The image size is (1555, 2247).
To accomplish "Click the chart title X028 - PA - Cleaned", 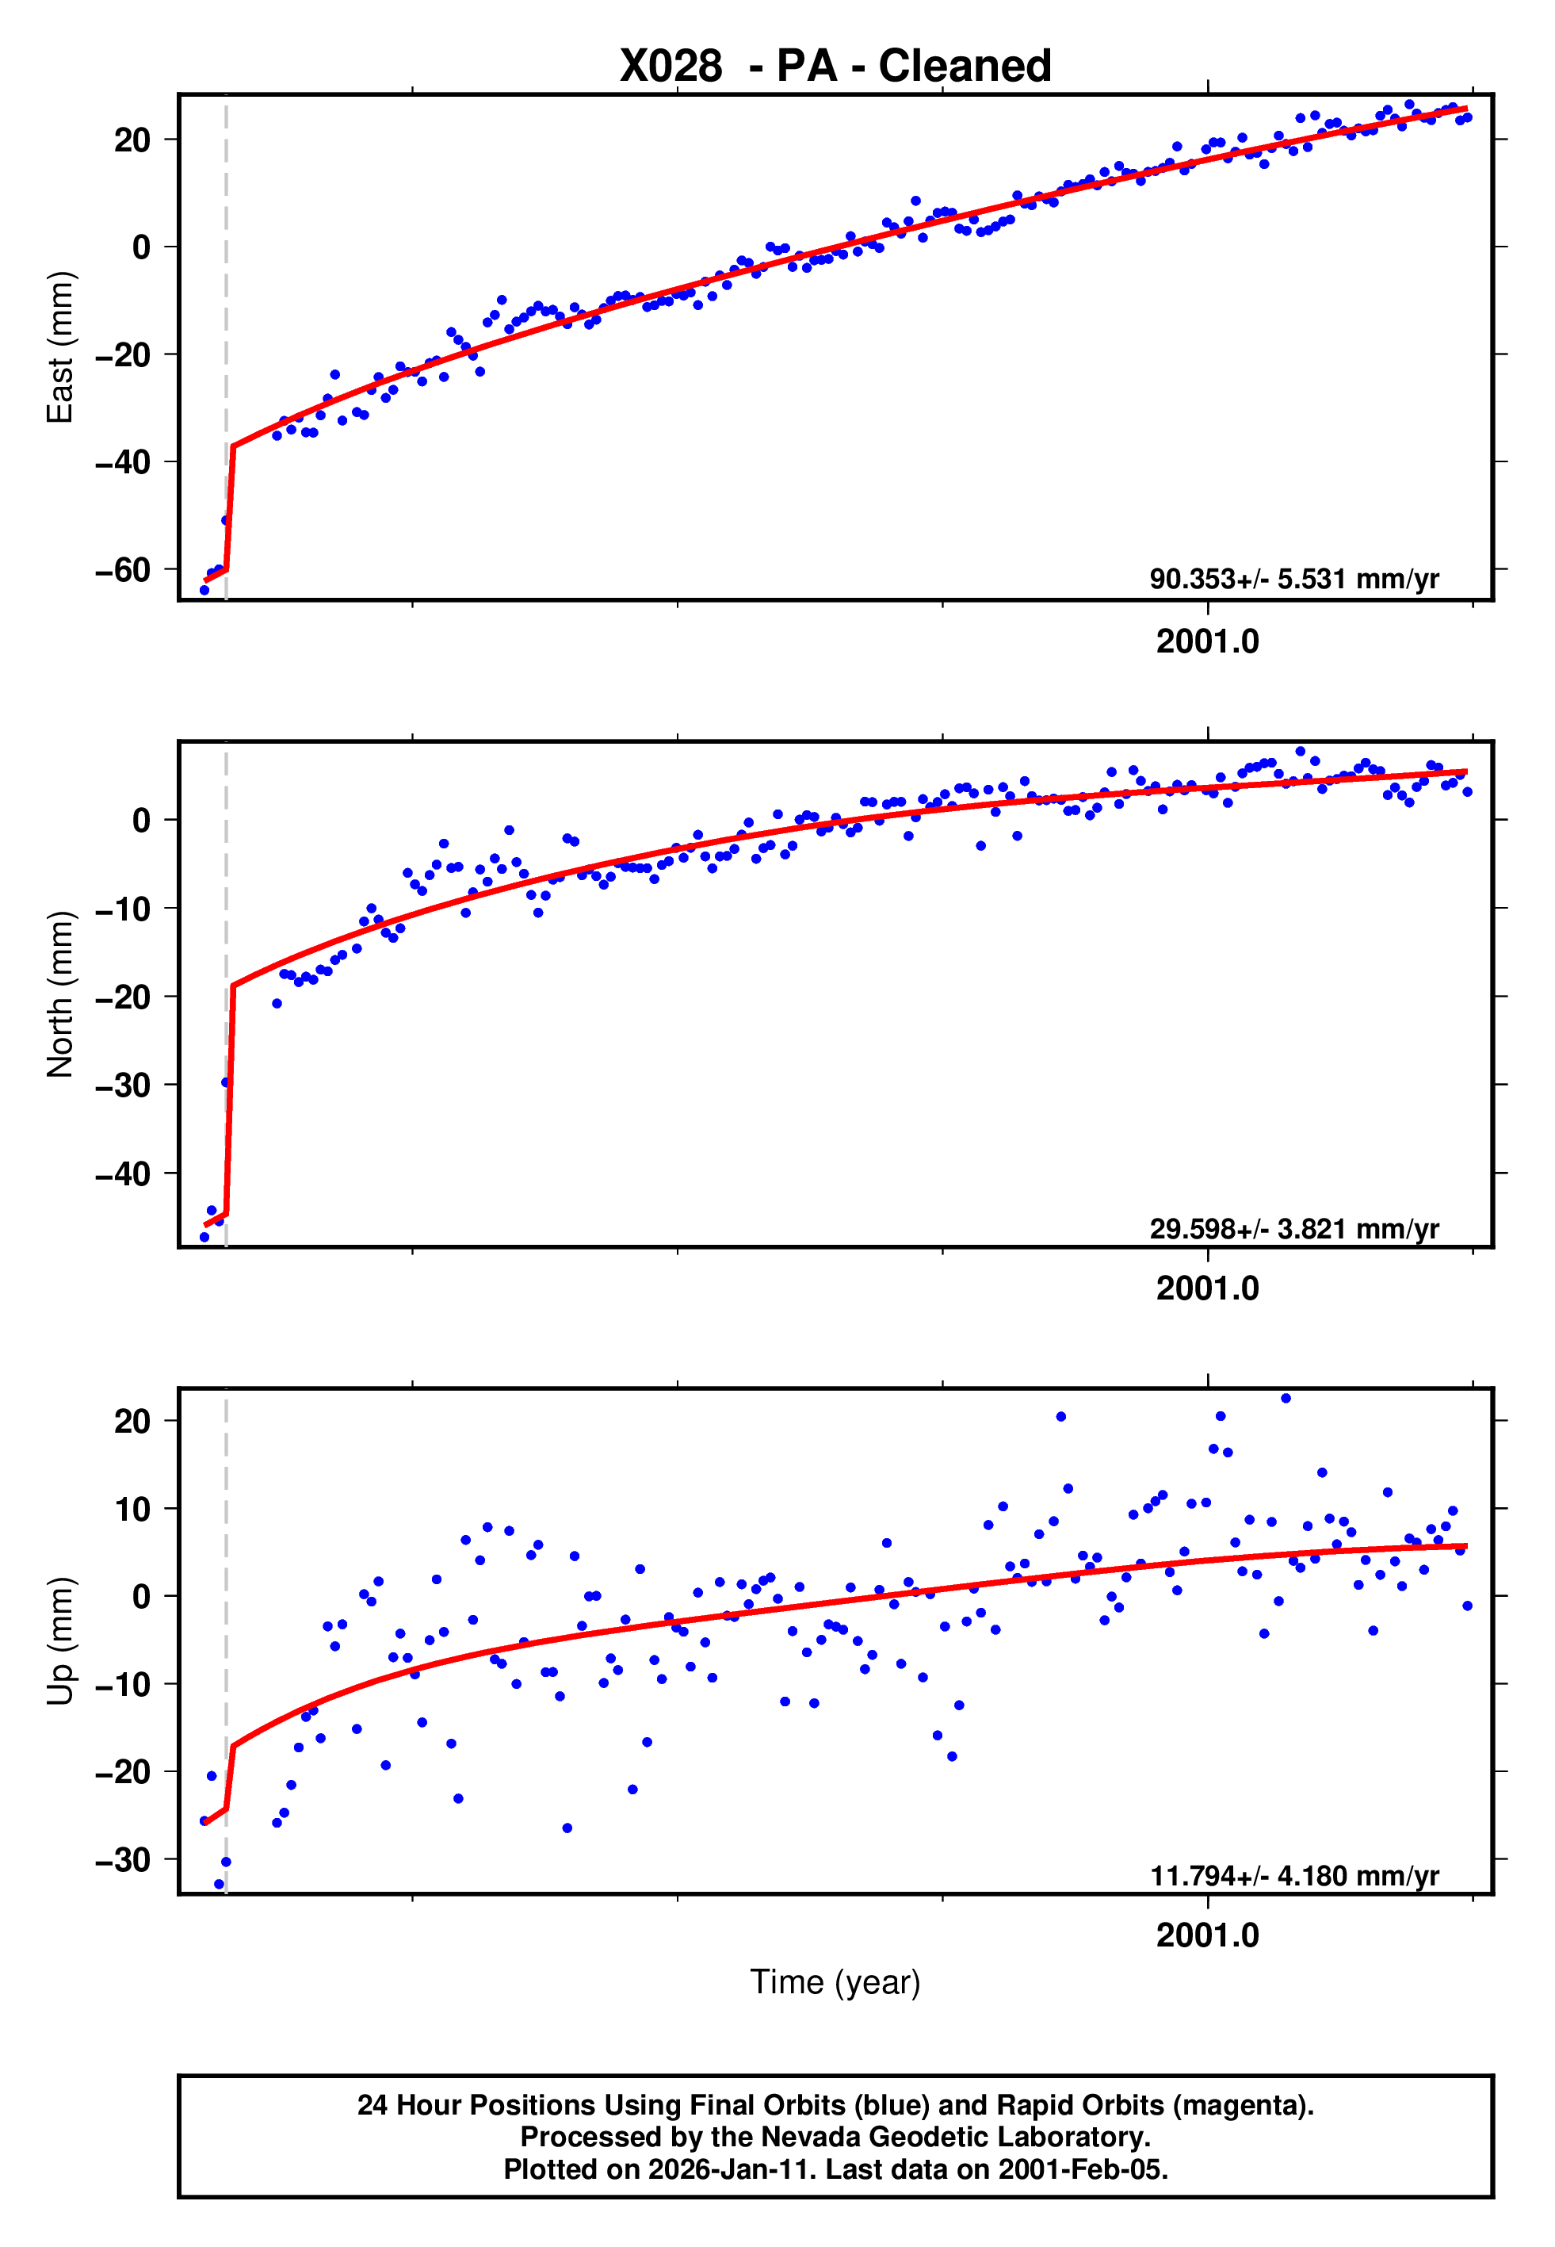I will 835,67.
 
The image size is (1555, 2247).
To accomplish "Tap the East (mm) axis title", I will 60,347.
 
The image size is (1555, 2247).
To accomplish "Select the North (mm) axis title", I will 60,994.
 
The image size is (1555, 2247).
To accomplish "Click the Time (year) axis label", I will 835,1982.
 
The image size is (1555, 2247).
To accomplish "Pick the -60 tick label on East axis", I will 123,569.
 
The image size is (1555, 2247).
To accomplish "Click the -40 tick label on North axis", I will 123,1173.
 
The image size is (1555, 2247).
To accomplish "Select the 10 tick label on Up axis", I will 132,1510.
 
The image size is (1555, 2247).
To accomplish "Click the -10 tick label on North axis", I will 123,908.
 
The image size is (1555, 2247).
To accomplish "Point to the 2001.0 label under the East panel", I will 1207,641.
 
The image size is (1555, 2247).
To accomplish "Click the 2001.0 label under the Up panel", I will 1207,1935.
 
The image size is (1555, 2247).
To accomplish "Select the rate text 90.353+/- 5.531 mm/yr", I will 1294,579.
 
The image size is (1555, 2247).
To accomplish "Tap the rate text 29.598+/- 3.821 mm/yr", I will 1294,1229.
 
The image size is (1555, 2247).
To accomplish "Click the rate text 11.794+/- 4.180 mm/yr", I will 1294,1876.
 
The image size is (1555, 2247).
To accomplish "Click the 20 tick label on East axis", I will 132,140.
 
